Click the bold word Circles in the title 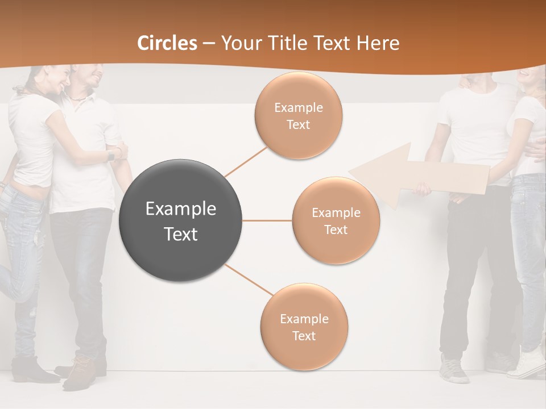(167, 43)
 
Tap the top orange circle (299, 115)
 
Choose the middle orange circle (336, 220)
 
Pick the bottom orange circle (304, 327)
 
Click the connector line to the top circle (246, 161)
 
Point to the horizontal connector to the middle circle (267, 220)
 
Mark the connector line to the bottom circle (249, 279)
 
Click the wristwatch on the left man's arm (111, 155)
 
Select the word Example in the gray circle (181, 209)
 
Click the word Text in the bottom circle (304, 336)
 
